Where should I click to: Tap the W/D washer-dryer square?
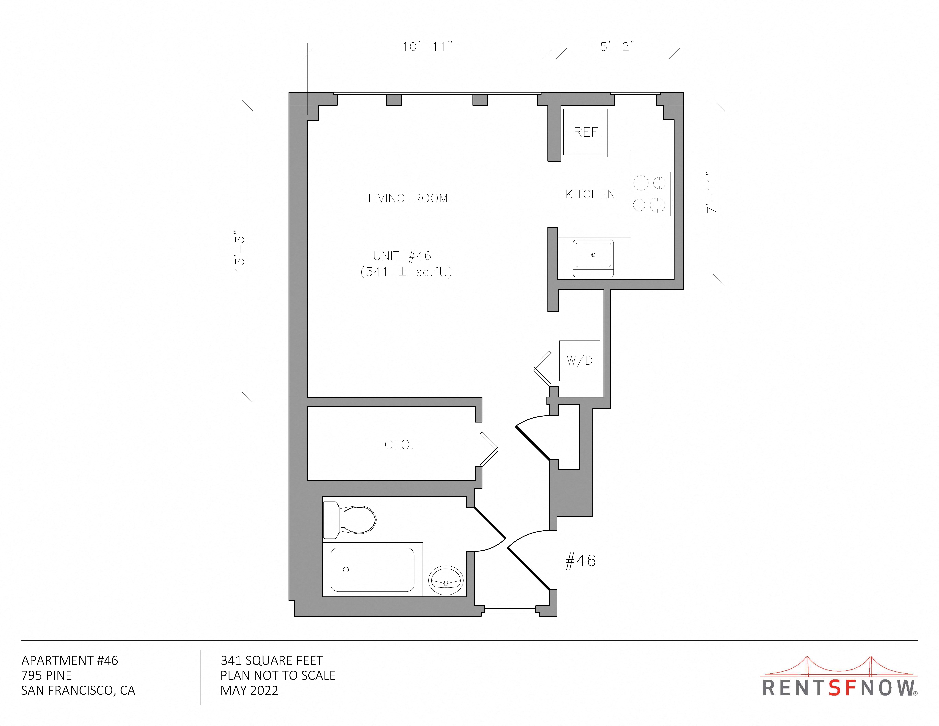(580, 360)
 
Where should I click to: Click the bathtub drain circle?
(346, 569)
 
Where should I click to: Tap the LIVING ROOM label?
(408, 198)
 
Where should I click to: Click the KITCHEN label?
(590, 194)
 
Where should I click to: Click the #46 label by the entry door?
(580, 561)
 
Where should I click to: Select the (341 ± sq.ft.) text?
(406, 272)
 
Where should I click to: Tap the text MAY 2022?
(249, 690)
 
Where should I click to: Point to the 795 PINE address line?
(46, 675)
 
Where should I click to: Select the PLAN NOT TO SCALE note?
(278, 675)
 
